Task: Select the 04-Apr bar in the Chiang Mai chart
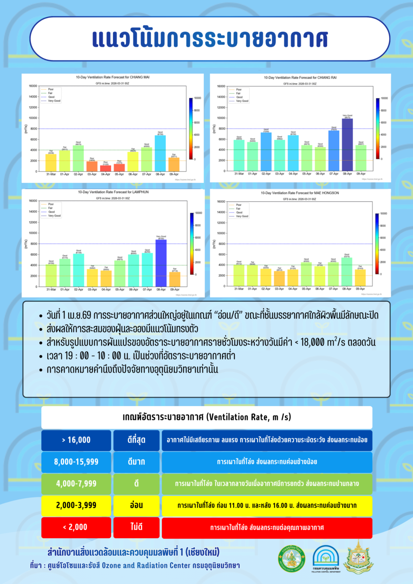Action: click(x=106, y=168)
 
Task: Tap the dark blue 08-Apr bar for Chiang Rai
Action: click(x=347, y=145)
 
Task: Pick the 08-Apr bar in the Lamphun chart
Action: click(x=161, y=263)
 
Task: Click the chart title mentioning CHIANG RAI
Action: click(x=300, y=78)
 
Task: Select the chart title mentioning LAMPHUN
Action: click(x=113, y=192)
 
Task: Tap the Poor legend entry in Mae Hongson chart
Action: click(x=239, y=205)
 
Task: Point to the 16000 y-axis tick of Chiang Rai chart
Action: click(x=221, y=86)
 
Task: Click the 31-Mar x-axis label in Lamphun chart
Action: click(x=51, y=289)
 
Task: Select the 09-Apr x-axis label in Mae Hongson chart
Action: click(x=360, y=289)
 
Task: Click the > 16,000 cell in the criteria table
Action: click(x=76, y=440)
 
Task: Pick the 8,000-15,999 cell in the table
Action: click(x=76, y=462)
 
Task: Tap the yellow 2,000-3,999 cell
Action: click(x=76, y=505)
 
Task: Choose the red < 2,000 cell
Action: click(x=76, y=527)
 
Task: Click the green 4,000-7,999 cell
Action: click(x=76, y=484)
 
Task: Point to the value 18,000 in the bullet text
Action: click(x=313, y=342)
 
